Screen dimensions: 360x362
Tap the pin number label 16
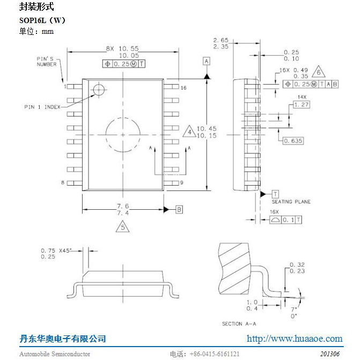click(x=183, y=88)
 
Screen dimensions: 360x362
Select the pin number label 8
click(x=63, y=183)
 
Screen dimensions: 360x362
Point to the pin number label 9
click(x=182, y=183)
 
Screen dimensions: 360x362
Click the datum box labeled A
click(x=206, y=62)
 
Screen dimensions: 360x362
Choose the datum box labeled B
click(x=179, y=209)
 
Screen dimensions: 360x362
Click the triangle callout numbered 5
click(x=123, y=226)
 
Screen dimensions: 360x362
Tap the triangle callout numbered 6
click(x=319, y=72)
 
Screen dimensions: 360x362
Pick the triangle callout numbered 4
click(x=189, y=131)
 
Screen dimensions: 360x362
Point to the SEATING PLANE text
click(x=291, y=202)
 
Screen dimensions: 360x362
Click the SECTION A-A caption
click(x=239, y=324)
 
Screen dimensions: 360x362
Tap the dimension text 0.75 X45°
click(x=56, y=251)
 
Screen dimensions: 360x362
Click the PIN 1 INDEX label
click(x=42, y=107)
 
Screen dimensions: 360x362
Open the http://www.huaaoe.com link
click(x=294, y=339)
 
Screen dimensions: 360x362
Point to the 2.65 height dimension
click(x=221, y=40)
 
